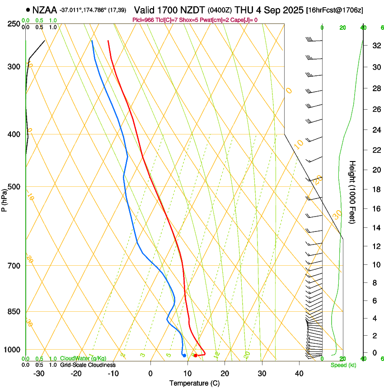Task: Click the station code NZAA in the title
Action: [x=44, y=9]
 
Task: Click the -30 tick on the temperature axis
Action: [x=39, y=373]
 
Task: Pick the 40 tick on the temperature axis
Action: [x=299, y=373]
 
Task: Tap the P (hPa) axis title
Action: [x=4, y=200]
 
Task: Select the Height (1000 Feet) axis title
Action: [x=353, y=192]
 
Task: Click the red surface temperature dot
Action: [x=196, y=356]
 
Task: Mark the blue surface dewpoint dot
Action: [x=184, y=356]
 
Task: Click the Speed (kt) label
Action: [x=343, y=365]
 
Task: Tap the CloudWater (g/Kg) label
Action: [x=83, y=359]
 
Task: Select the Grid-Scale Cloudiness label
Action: [x=88, y=365]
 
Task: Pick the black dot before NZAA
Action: [x=28, y=9]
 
